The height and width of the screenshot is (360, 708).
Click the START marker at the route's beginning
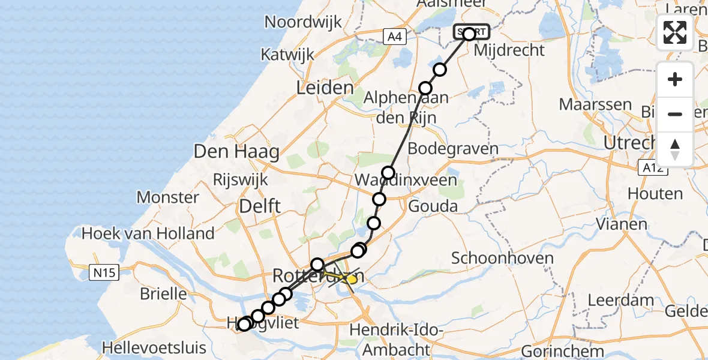click(471, 32)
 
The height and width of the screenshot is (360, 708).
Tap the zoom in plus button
click(675, 79)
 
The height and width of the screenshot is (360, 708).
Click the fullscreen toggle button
click(675, 32)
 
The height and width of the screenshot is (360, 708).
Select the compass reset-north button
click(675, 149)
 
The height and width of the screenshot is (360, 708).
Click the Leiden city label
click(325, 88)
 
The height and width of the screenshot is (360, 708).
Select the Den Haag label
click(236, 152)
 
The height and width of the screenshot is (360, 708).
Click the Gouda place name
click(433, 206)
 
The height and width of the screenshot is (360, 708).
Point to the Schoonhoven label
click(494, 258)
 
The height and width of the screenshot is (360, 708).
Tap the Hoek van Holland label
click(148, 233)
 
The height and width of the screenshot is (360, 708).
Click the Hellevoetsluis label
click(154, 347)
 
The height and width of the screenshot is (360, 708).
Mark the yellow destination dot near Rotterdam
click(352, 279)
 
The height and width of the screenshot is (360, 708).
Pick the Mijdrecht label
click(509, 50)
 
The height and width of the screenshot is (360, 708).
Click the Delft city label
click(260, 206)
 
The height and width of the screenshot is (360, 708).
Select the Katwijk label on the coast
click(287, 55)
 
